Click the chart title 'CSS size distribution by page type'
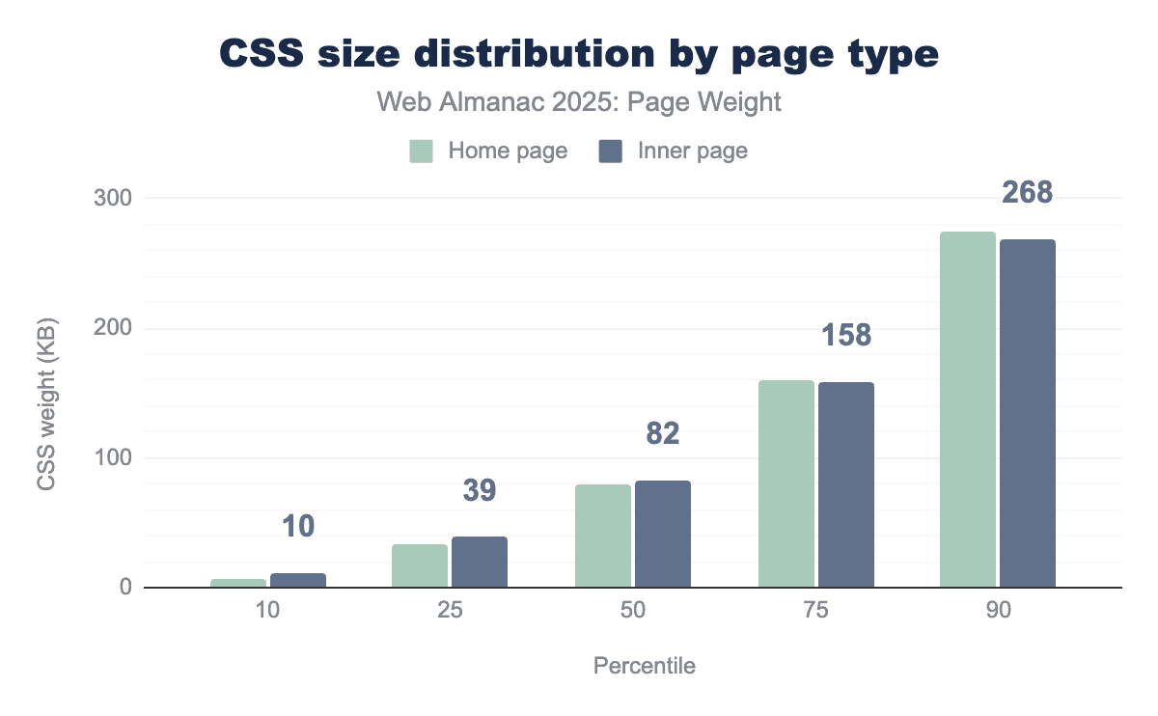[579, 54]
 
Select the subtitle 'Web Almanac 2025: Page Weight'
[579, 102]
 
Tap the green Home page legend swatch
[422, 151]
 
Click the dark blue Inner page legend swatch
[610, 151]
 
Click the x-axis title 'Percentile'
[644, 666]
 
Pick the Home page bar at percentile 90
[968, 409]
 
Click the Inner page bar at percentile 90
[1028, 413]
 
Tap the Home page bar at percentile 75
[786, 483]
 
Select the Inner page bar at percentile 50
[663, 534]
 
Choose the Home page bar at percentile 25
[420, 565]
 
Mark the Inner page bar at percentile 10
[298, 580]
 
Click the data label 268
[1027, 193]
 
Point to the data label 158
[846, 335]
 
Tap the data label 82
[662, 433]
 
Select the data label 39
[479, 490]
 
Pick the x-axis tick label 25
[449, 615]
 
